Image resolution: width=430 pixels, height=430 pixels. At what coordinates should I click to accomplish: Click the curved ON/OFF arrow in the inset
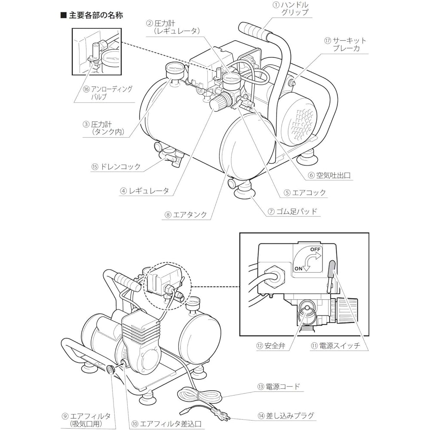pyautogui.click(x=310, y=260)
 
